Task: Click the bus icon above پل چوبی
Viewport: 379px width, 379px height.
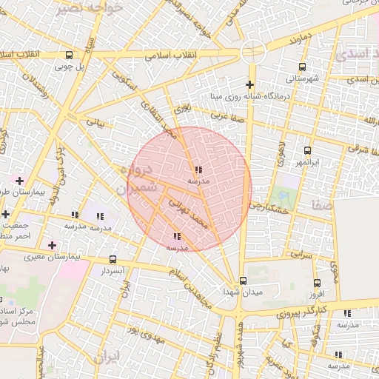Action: (x=69, y=55)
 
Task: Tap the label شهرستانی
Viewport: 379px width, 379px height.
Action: (x=302, y=78)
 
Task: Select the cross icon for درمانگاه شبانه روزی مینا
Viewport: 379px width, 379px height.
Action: (x=250, y=84)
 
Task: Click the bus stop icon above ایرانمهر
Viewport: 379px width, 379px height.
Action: (x=303, y=150)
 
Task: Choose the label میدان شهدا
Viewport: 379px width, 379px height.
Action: (x=242, y=292)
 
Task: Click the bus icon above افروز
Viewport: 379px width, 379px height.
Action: (x=317, y=284)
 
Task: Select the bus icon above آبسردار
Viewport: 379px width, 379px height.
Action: (x=113, y=260)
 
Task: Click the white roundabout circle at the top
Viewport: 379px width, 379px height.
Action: (x=252, y=53)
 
